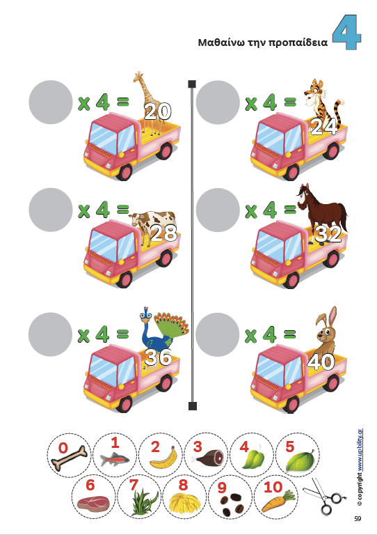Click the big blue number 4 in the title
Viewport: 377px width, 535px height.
click(x=346, y=33)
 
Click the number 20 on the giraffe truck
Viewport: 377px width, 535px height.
click(x=157, y=111)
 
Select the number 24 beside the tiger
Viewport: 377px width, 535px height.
click(x=323, y=127)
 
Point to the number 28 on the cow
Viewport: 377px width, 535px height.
click(x=164, y=233)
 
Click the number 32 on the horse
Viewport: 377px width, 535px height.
click(x=328, y=234)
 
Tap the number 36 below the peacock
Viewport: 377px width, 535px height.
click(x=158, y=357)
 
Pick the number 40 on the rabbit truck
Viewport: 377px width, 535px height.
click(x=321, y=362)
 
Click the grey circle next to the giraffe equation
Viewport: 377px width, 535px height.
click(x=51, y=102)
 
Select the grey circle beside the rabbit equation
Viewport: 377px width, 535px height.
click(x=218, y=334)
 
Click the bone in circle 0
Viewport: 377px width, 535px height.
click(x=69, y=458)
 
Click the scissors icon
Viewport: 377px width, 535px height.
click(x=321, y=495)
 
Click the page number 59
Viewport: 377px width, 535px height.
click(x=358, y=519)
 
